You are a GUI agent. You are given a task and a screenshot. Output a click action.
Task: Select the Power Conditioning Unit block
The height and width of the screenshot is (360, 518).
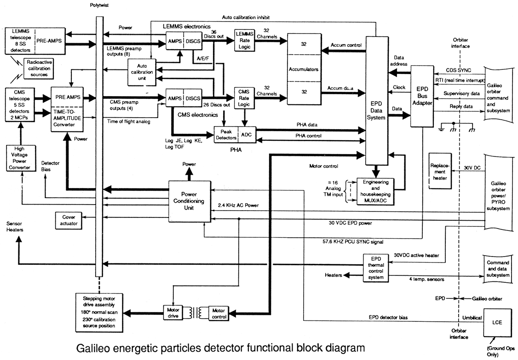click(x=189, y=200)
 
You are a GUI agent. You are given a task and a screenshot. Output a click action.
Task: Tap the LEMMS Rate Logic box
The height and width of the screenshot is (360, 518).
click(x=244, y=41)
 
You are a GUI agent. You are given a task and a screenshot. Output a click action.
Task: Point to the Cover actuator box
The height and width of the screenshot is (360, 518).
click(x=68, y=220)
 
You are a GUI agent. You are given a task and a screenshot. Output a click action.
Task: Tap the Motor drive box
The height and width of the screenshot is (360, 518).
click(x=173, y=313)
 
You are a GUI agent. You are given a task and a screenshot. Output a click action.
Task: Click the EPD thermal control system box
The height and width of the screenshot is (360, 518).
click(x=376, y=268)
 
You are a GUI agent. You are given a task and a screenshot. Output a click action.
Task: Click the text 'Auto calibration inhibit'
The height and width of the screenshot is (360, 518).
click(x=246, y=17)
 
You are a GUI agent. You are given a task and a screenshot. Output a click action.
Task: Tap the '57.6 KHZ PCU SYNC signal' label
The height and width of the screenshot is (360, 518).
click(x=353, y=240)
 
